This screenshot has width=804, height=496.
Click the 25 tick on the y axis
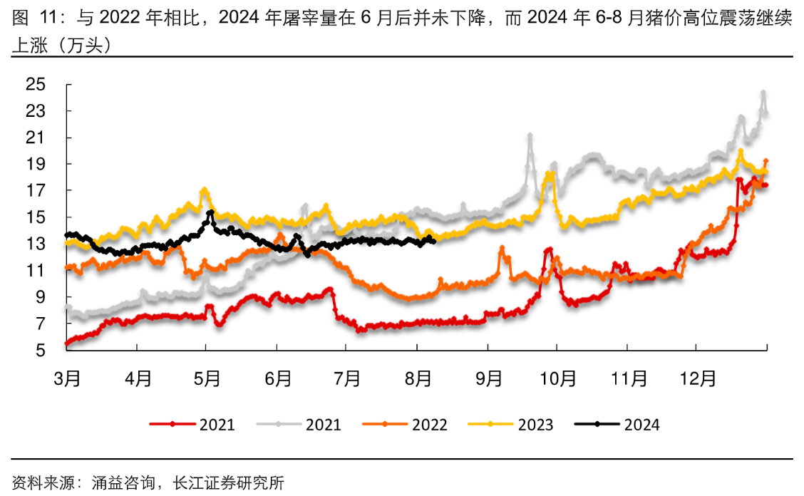coord(36,85)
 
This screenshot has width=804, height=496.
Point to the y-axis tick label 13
coord(36,244)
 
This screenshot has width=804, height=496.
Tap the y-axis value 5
coord(41,350)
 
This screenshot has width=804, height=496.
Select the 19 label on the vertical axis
coord(36,164)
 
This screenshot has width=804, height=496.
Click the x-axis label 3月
coord(66,377)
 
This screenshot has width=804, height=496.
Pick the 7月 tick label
coord(347,377)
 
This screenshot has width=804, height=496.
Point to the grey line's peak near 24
coord(763,93)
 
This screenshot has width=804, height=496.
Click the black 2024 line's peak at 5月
coord(210,212)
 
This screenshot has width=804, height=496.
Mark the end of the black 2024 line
coord(433,241)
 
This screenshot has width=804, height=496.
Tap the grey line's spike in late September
coord(530,135)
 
